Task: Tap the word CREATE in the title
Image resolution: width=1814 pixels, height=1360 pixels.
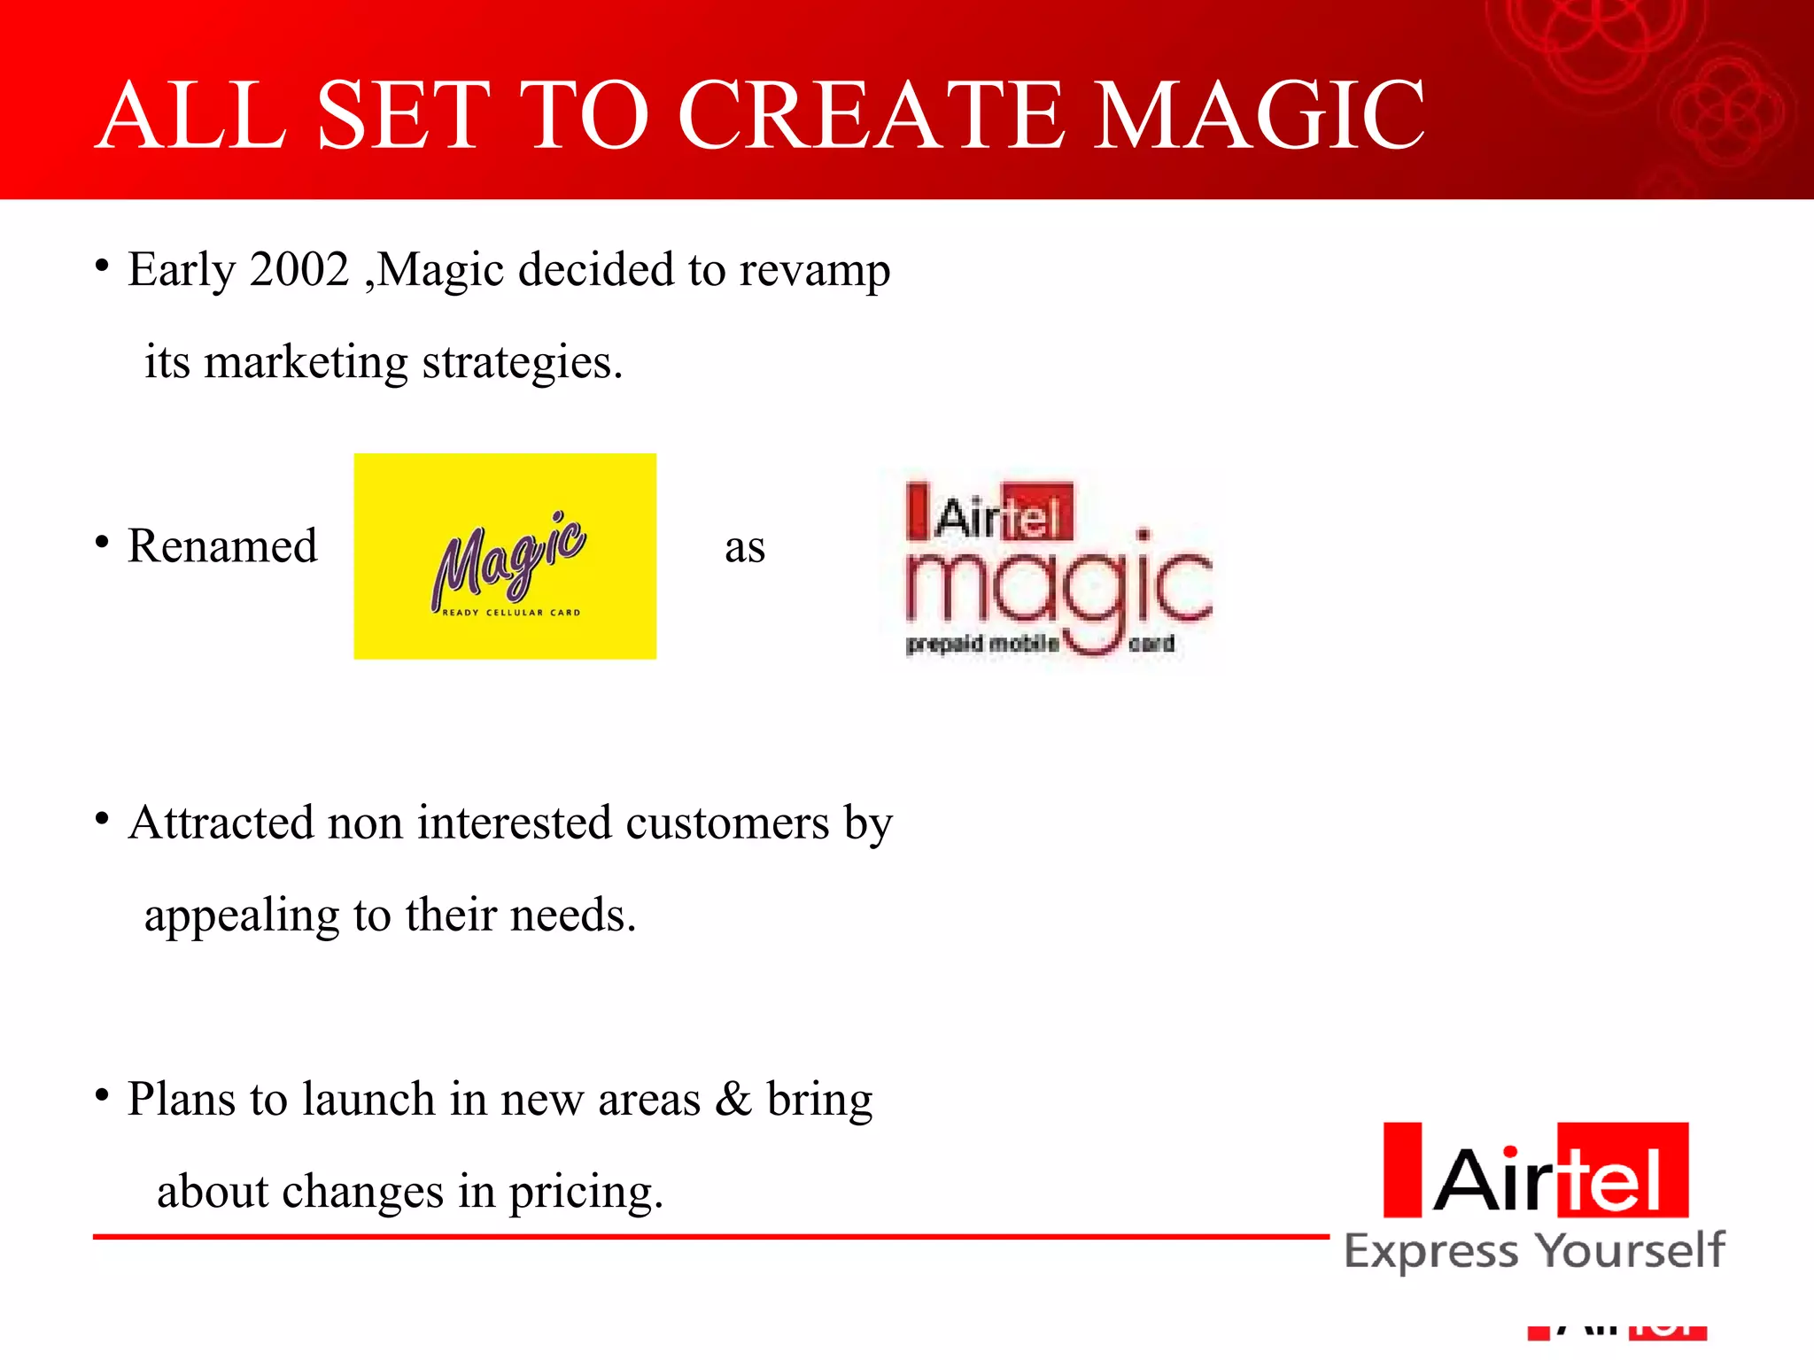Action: (872, 115)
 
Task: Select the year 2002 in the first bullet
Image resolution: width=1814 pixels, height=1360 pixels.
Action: (299, 269)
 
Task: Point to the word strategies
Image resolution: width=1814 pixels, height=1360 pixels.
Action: (523, 363)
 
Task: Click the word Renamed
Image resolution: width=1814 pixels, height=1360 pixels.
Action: (222, 545)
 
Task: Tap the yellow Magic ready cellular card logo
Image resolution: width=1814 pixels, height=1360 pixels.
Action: (505, 556)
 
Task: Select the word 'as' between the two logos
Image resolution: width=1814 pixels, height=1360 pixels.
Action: (744, 548)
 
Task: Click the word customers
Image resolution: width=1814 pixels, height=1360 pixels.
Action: (726, 824)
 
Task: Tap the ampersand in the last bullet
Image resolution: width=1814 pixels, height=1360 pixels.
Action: (733, 1100)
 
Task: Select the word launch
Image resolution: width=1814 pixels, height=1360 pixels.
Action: (368, 1100)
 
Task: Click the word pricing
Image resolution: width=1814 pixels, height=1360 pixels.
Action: (585, 1193)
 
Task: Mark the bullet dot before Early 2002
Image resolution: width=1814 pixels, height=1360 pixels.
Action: (103, 266)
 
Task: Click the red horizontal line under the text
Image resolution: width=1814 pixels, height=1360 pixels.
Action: (709, 1236)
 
